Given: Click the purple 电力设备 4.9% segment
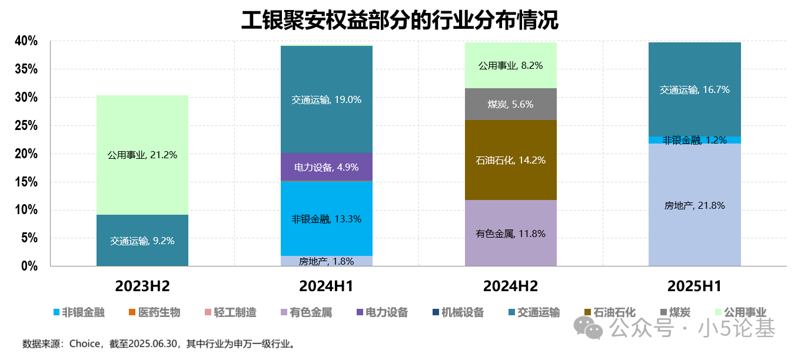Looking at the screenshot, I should (327, 167).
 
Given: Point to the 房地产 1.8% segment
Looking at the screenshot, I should (327, 261).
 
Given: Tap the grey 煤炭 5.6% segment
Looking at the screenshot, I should (510, 104).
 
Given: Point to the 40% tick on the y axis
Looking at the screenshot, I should (26, 41).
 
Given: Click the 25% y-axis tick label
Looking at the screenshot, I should (26, 126).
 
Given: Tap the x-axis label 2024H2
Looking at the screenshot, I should (510, 286).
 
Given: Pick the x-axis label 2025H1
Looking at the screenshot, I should (694, 286).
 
